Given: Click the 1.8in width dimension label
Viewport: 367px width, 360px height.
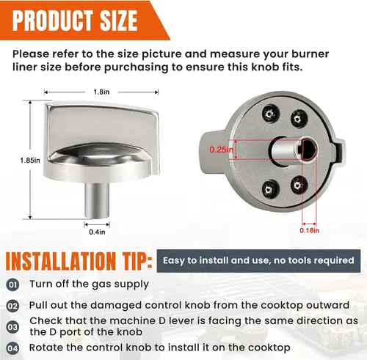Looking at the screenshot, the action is coord(101,92).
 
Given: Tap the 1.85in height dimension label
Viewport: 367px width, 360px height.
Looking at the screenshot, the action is coord(30,161).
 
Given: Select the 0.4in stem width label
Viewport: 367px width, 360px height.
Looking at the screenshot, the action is coord(97,232).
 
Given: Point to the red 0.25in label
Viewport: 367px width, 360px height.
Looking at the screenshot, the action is coord(221,150).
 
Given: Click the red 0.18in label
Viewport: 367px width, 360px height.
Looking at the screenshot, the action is coord(310,230).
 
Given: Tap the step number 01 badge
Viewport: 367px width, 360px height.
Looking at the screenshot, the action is coord(12,285).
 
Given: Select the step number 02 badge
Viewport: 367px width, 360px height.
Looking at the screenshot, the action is coord(12,306).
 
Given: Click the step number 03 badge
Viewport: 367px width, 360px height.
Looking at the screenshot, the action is coord(12,327).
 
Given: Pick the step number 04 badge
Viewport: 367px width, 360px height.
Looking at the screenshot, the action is coord(12,348).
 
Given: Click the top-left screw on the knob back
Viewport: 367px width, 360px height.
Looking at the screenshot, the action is coord(271,114).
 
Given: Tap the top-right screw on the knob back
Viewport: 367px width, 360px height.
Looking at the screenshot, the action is coord(299,119).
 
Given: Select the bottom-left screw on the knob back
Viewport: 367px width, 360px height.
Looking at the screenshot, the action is coord(269,189).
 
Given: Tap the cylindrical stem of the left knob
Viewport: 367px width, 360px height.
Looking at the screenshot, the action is coord(97,199).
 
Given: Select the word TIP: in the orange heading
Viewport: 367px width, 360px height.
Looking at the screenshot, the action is coord(134,261).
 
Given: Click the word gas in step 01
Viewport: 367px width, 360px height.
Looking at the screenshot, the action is coord(101,284).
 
